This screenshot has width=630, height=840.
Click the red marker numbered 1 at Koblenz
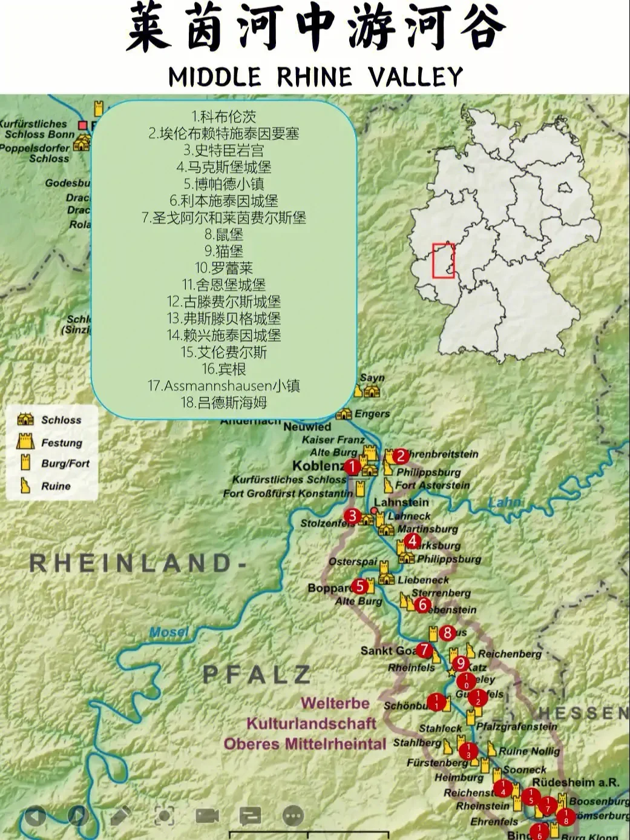(x=352, y=467)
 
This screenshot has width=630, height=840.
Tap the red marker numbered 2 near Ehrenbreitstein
(x=400, y=456)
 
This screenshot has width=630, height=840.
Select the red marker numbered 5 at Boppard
(x=361, y=586)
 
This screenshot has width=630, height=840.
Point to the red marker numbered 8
(x=447, y=633)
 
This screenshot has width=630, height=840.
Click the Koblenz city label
(x=318, y=466)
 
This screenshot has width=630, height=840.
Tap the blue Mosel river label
(x=169, y=632)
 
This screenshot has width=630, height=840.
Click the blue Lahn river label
(x=505, y=502)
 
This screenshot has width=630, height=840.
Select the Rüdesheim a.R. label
(x=576, y=782)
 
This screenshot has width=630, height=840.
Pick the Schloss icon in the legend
(x=25, y=420)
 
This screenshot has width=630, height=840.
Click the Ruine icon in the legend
(x=25, y=486)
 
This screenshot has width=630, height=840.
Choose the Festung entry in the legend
(x=61, y=443)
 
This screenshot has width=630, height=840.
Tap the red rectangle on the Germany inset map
(x=444, y=261)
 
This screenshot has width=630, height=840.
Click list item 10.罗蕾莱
(x=224, y=268)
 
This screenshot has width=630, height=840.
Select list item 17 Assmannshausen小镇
(x=224, y=386)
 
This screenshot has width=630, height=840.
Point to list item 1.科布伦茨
(x=224, y=116)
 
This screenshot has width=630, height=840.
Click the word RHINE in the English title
(x=315, y=78)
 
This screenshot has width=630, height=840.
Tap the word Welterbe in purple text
(x=335, y=703)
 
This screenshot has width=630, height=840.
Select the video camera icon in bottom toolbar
(x=207, y=815)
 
